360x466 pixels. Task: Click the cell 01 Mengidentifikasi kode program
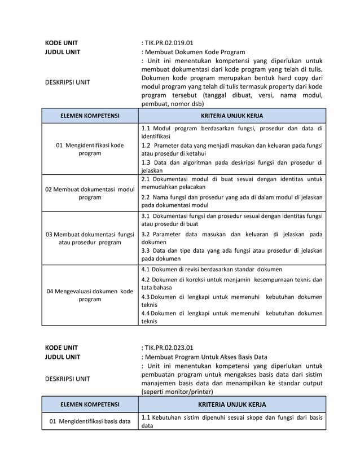[x=90, y=149]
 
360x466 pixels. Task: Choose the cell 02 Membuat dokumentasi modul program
[x=90, y=193]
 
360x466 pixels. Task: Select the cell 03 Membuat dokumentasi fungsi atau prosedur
[x=90, y=238]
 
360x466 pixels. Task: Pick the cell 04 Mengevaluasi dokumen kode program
[x=90, y=295]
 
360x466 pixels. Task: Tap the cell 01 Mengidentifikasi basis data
[x=90, y=421]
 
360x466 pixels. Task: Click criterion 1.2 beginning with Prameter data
[x=232, y=149]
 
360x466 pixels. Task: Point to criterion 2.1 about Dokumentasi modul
[x=232, y=183]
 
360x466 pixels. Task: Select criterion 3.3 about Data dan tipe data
[x=232, y=254]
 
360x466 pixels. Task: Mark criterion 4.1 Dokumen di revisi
[x=212, y=269]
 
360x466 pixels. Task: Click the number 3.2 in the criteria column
[x=146, y=234]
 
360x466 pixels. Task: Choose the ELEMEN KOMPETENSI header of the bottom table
[x=90, y=405]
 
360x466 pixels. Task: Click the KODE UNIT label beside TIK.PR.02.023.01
[x=62, y=347]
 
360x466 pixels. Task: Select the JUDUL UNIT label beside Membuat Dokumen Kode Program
[x=63, y=52]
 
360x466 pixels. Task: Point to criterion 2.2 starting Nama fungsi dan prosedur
[x=232, y=201]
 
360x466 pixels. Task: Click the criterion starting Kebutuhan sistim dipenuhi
[x=232, y=421]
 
